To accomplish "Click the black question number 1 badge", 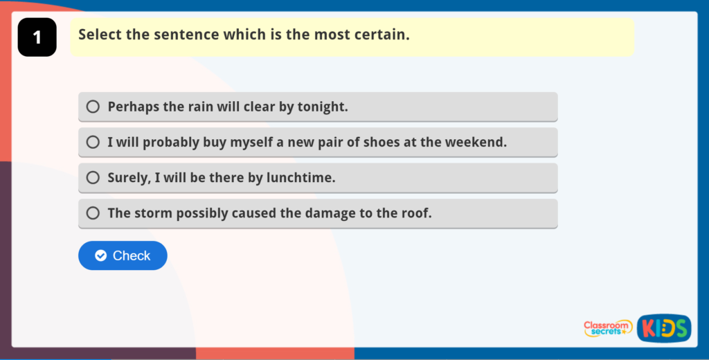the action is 37,37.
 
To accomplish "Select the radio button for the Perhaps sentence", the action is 93,107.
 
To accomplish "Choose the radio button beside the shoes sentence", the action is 93,142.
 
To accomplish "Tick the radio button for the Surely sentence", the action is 93,178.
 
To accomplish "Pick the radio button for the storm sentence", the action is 93,213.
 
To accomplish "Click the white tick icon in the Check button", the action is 101,255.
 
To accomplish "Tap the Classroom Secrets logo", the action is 608,328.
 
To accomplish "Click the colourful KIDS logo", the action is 664,328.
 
